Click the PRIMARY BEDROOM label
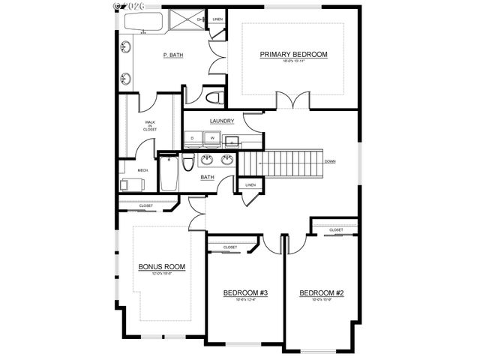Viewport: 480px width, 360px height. click(x=293, y=55)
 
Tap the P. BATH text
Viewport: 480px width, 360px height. click(x=174, y=55)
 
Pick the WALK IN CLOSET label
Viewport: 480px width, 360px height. click(x=151, y=125)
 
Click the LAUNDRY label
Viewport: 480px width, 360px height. click(x=222, y=121)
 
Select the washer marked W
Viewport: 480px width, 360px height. click(x=212, y=139)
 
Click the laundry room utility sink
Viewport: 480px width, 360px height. click(x=233, y=139)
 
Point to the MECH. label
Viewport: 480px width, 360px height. click(x=142, y=170)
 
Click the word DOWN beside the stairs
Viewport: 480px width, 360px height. click(x=330, y=161)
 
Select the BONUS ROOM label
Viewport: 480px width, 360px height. click(x=161, y=266)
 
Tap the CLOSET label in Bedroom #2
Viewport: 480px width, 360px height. click(x=336, y=229)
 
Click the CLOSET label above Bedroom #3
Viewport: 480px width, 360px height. click(x=230, y=247)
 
